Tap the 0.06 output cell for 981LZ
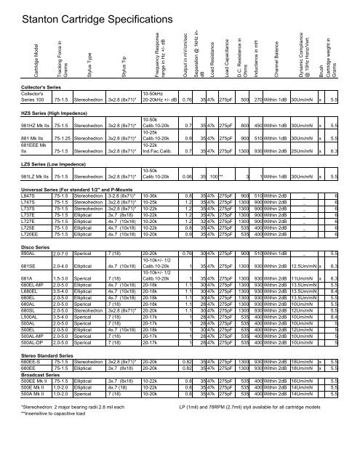click(x=188, y=197)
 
